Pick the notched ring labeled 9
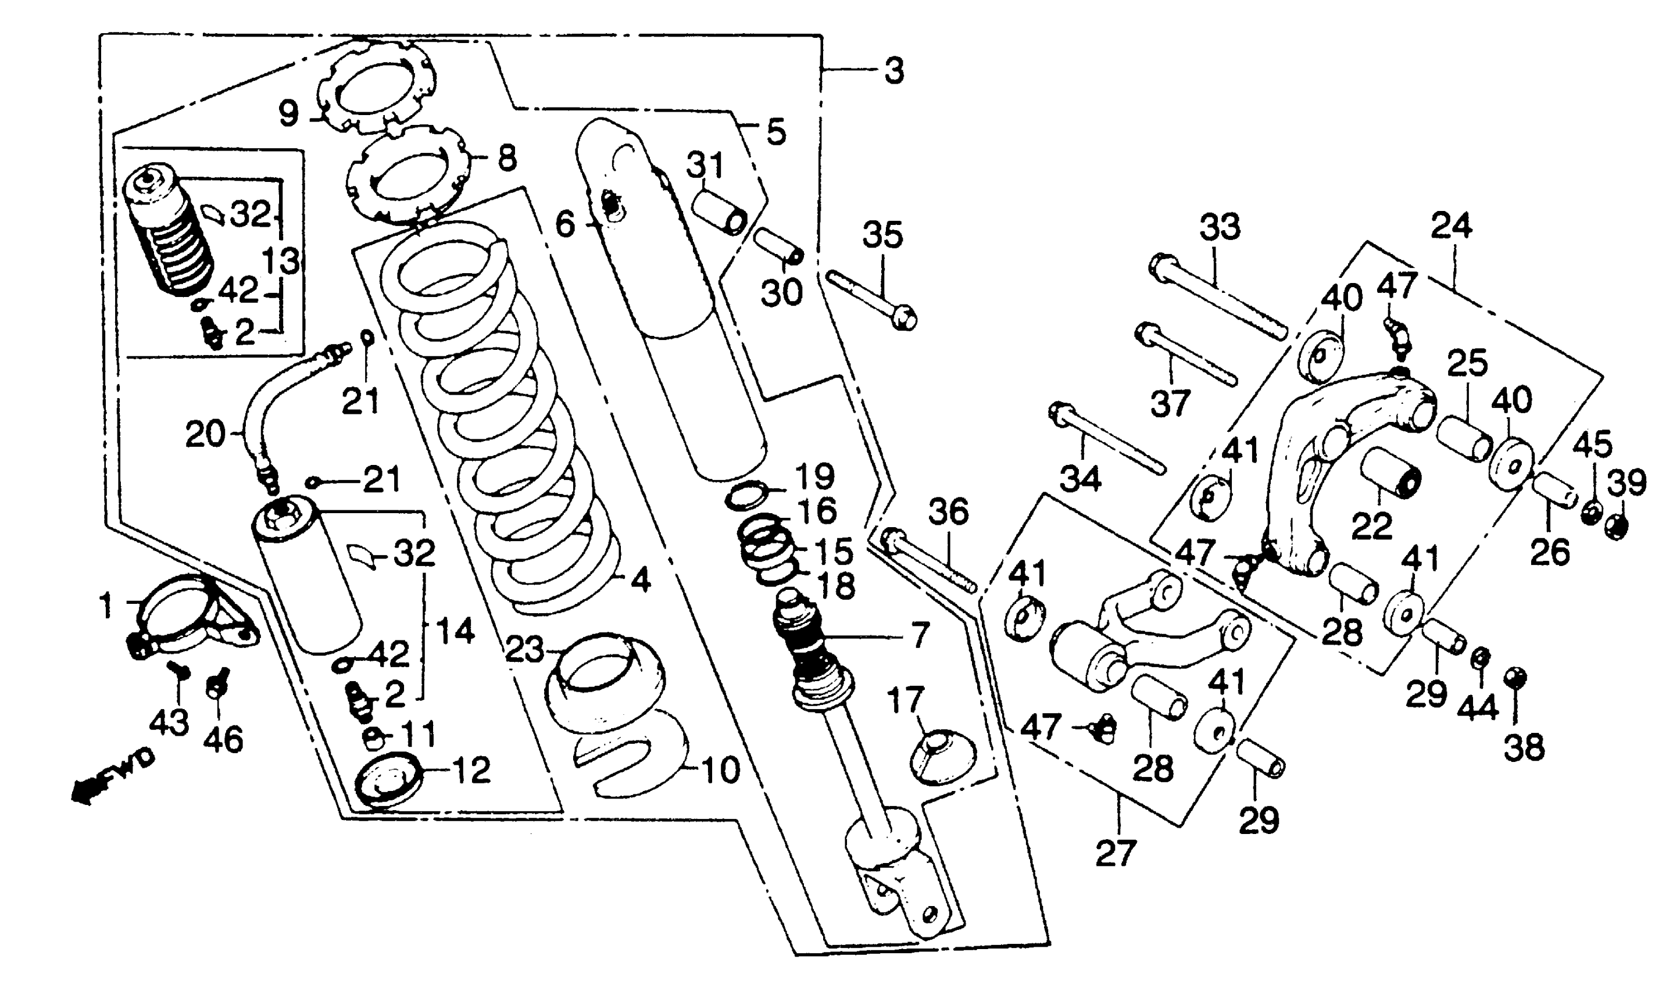pyautogui.click(x=377, y=85)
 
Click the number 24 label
pyautogui.click(x=1452, y=226)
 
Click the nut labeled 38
pyautogui.click(x=1515, y=679)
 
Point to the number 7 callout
pyautogui.click(x=920, y=636)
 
